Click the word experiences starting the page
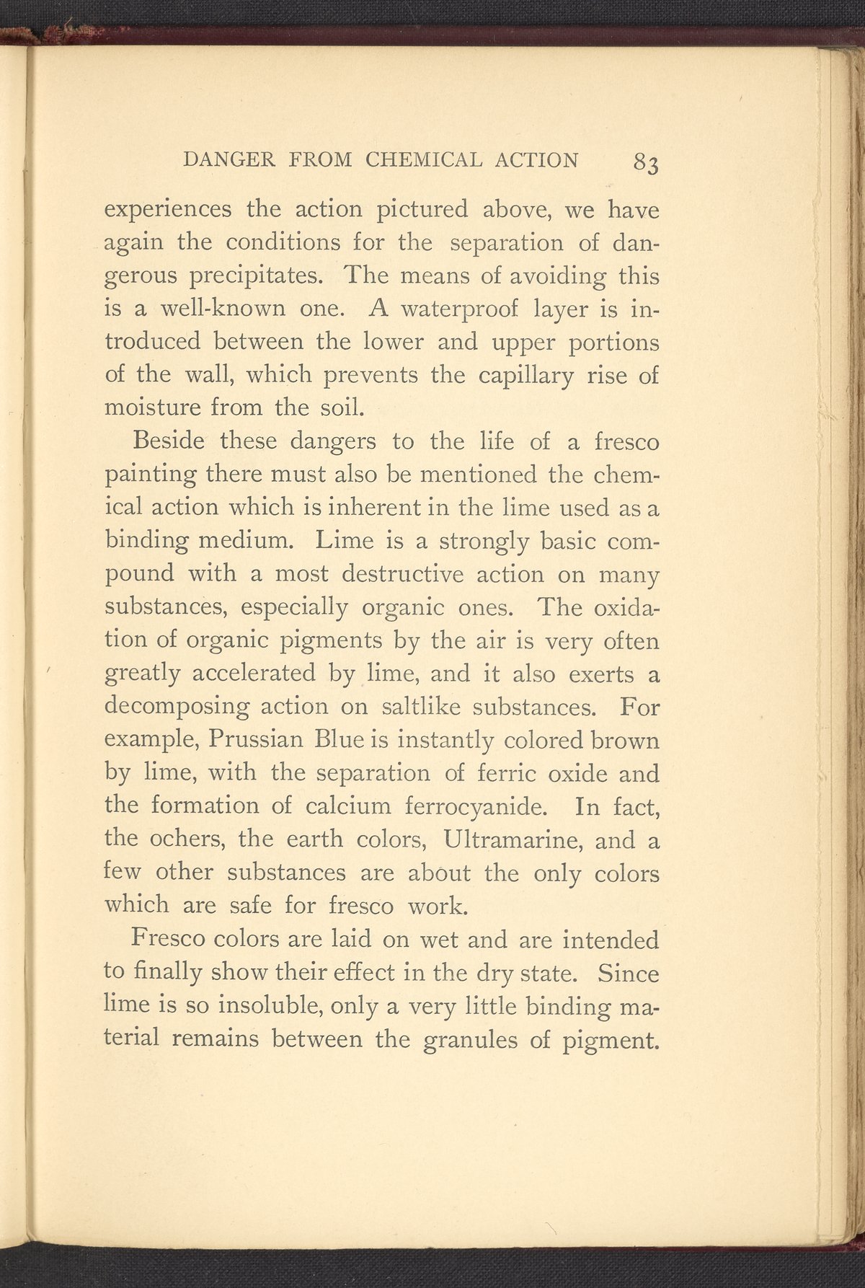[x=168, y=211]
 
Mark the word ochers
[x=185, y=840]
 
